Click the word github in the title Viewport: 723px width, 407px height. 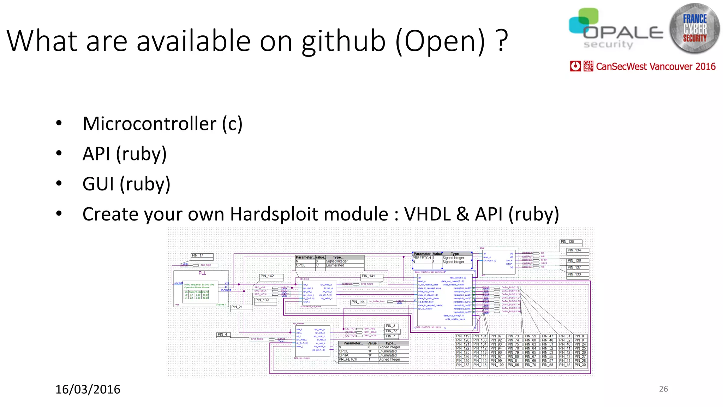343,42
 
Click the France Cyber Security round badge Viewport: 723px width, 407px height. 694,28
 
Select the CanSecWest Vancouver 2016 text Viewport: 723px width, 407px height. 656,66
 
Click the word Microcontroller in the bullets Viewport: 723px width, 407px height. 149,124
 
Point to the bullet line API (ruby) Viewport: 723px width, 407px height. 124,154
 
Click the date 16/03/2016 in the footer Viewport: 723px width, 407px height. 88,389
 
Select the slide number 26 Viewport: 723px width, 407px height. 663,389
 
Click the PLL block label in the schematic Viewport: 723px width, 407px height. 202,273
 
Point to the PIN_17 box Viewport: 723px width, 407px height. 202,256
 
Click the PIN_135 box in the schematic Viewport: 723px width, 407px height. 570,242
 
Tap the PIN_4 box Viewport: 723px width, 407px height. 223,335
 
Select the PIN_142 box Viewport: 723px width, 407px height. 271,276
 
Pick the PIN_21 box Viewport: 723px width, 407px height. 241,307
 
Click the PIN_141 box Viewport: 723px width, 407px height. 371,276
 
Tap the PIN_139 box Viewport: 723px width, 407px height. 265,300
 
